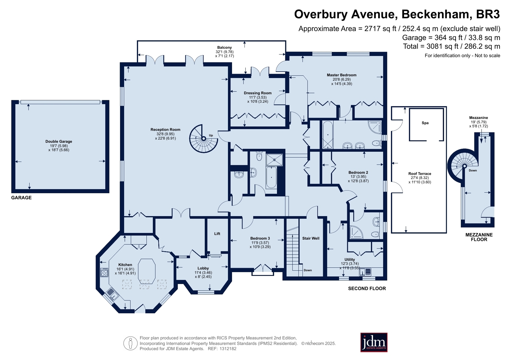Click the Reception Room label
coord(166,130)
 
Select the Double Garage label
coord(59,141)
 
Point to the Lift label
coord(217,234)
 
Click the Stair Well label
coord(311,238)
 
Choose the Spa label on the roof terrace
coord(425,123)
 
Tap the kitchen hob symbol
coord(104,272)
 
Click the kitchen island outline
coord(146,272)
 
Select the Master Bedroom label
coord(342,75)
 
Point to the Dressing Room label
coord(258,93)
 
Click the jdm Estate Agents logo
coord(374,342)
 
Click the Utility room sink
coord(365,272)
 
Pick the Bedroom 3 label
coord(260,238)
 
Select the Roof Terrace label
coord(420,174)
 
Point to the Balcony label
coord(224,47)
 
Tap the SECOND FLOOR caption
coord(367,288)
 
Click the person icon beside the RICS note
coord(131,343)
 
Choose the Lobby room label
coord(203,268)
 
